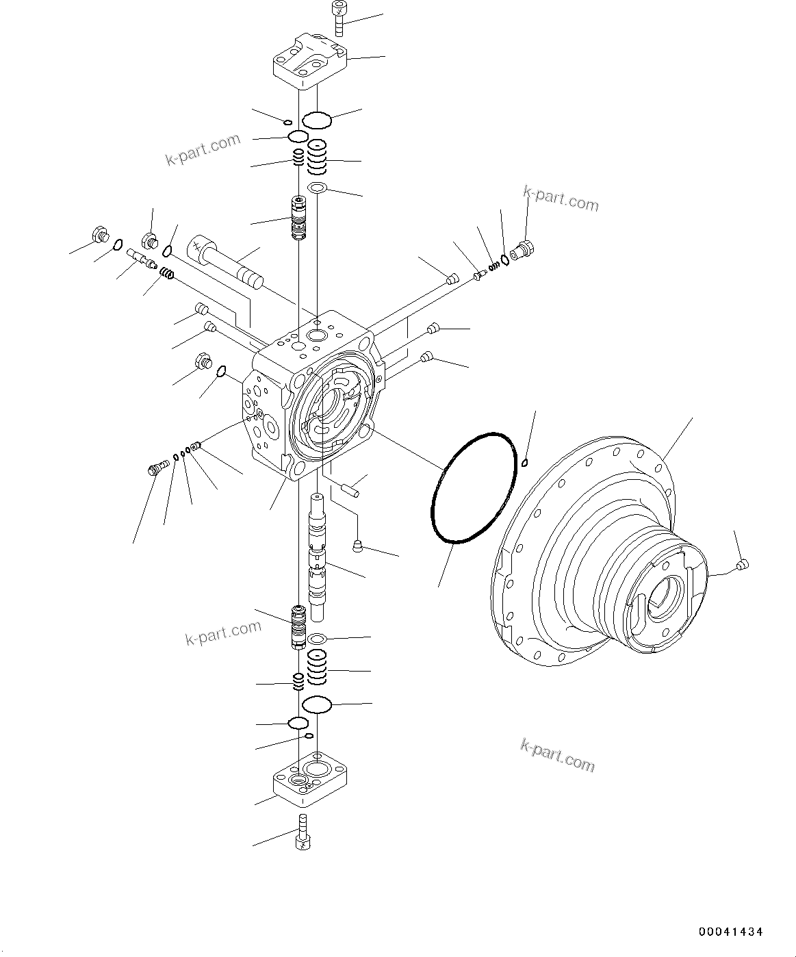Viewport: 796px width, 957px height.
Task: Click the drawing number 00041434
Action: coord(730,932)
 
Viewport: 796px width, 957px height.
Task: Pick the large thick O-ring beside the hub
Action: coord(472,487)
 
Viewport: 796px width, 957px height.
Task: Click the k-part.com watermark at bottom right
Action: coord(557,754)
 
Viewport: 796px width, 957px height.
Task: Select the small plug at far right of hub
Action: coord(743,564)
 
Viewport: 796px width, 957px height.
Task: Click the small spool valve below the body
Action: coord(298,626)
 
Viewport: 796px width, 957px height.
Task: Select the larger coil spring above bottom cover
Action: coord(316,667)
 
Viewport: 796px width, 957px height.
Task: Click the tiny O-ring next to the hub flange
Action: coord(525,462)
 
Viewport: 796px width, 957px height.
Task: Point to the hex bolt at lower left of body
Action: coord(157,469)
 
